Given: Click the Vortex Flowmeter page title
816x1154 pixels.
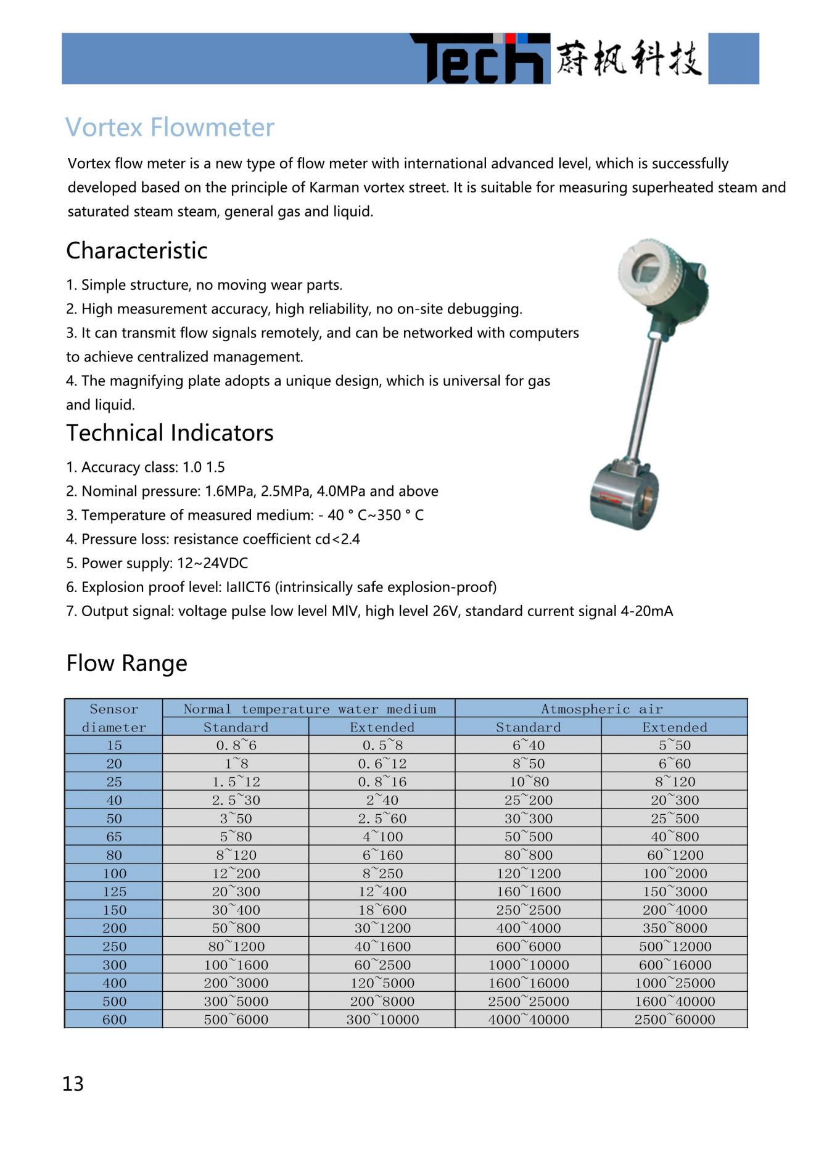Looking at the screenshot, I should click(x=170, y=128).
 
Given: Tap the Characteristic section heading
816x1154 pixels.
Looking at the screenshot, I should click(x=136, y=250).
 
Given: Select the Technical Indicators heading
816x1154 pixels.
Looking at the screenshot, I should click(x=170, y=433).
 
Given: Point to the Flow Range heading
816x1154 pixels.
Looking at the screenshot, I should click(x=126, y=664).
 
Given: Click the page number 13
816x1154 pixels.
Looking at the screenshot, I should click(x=73, y=1084).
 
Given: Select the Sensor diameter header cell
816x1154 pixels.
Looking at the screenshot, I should click(x=114, y=718).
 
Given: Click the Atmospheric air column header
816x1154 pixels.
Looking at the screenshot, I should click(x=601, y=709).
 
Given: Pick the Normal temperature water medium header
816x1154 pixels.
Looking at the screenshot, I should click(x=309, y=709).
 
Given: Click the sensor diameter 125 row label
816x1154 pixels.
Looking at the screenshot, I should click(x=114, y=892).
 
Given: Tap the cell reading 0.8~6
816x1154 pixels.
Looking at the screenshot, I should click(x=236, y=746).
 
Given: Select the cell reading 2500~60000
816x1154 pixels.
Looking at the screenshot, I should click(x=674, y=1020).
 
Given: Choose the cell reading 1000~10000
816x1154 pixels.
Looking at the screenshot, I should click(x=529, y=965).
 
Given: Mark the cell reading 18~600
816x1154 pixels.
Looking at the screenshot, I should click(x=382, y=910).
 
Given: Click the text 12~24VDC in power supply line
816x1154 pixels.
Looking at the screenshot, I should click(x=212, y=563).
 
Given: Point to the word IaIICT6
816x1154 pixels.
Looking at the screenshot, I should click(x=248, y=587).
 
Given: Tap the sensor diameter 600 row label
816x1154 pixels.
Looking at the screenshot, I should click(x=114, y=1020).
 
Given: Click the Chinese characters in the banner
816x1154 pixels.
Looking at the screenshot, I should click(x=628, y=59).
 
